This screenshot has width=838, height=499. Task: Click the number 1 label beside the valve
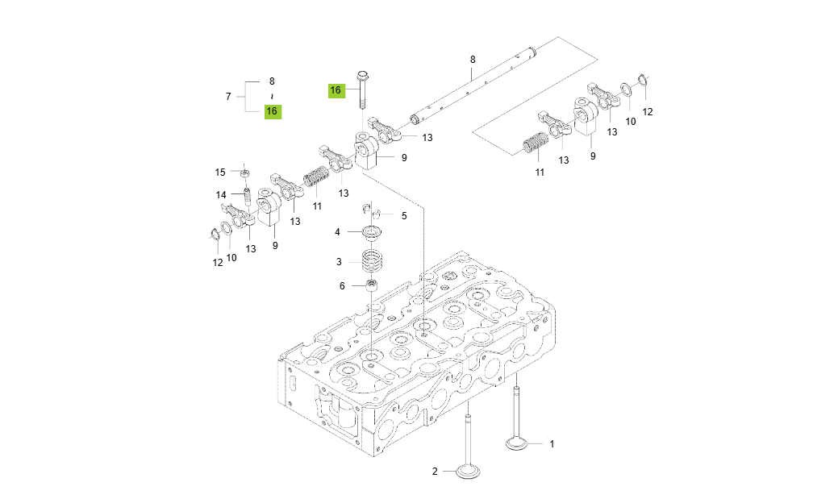tap(552, 443)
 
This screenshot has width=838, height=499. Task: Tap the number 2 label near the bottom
tap(434, 472)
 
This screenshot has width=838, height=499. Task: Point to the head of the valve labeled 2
tap(469, 471)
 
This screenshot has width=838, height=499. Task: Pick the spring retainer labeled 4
tap(372, 233)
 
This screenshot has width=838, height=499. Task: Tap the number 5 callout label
tap(404, 215)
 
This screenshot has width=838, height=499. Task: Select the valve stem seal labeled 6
tap(372, 285)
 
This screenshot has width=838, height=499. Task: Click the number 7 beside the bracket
tap(228, 96)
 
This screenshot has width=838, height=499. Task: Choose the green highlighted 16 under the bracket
tap(273, 111)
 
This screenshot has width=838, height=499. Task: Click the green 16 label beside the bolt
tap(336, 90)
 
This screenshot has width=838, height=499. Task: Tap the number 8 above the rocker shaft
tap(473, 59)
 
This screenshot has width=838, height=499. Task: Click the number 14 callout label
tap(221, 194)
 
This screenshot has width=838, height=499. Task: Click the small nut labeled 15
tap(244, 172)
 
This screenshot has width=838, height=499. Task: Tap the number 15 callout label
tap(220, 172)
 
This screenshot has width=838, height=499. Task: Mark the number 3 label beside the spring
tap(340, 262)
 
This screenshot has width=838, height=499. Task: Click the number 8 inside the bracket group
tap(272, 81)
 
